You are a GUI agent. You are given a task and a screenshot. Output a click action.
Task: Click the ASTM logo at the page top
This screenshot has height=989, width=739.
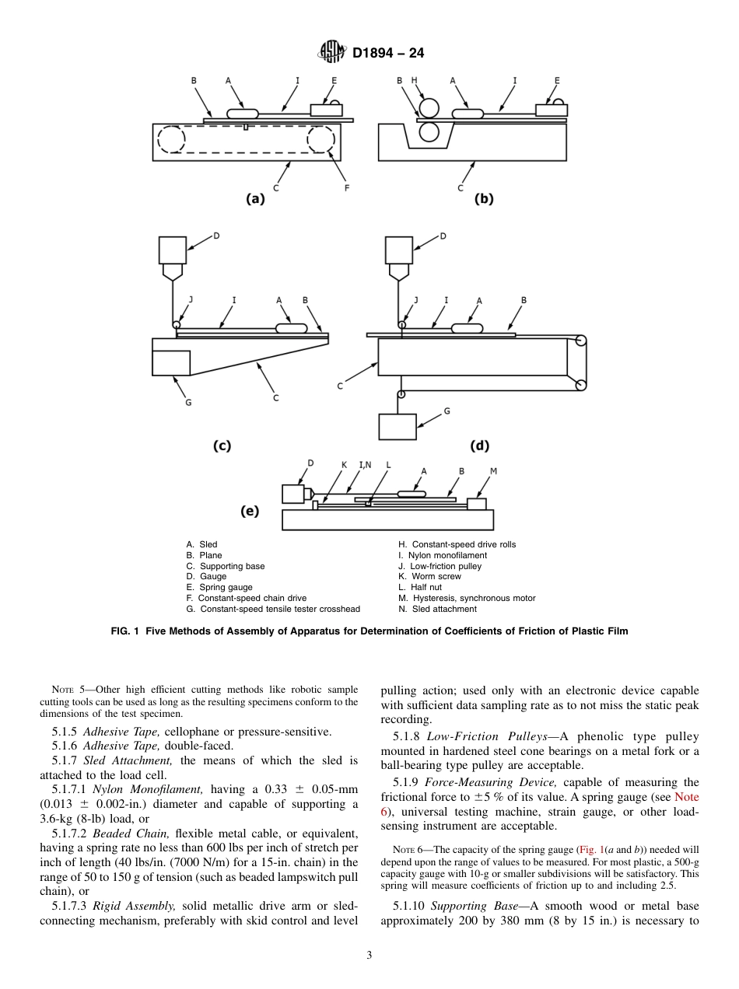click(332, 53)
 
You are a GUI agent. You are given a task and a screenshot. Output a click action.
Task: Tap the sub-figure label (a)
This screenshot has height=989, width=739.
click(255, 198)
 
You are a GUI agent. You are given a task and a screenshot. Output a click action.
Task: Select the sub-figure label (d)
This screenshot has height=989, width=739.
click(480, 446)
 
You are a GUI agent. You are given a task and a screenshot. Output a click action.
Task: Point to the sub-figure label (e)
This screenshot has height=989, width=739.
click(249, 511)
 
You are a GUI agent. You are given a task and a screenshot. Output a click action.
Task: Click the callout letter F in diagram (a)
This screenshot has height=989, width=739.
click(346, 187)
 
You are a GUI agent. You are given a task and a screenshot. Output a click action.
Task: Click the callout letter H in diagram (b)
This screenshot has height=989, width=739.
click(414, 80)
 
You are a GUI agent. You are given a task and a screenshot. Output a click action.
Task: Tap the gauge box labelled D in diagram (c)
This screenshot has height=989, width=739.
click(172, 250)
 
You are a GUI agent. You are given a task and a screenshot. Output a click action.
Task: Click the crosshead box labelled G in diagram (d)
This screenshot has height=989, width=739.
click(397, 426)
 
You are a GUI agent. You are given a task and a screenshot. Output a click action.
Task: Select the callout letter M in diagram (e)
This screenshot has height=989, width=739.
click(493, 471)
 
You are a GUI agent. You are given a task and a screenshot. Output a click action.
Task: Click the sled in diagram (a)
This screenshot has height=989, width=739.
click(242, 114)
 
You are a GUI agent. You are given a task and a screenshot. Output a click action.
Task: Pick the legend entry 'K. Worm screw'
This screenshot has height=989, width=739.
click(429, 577)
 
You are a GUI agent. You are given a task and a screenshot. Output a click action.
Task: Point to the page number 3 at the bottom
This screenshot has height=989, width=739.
click(369, 956)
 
